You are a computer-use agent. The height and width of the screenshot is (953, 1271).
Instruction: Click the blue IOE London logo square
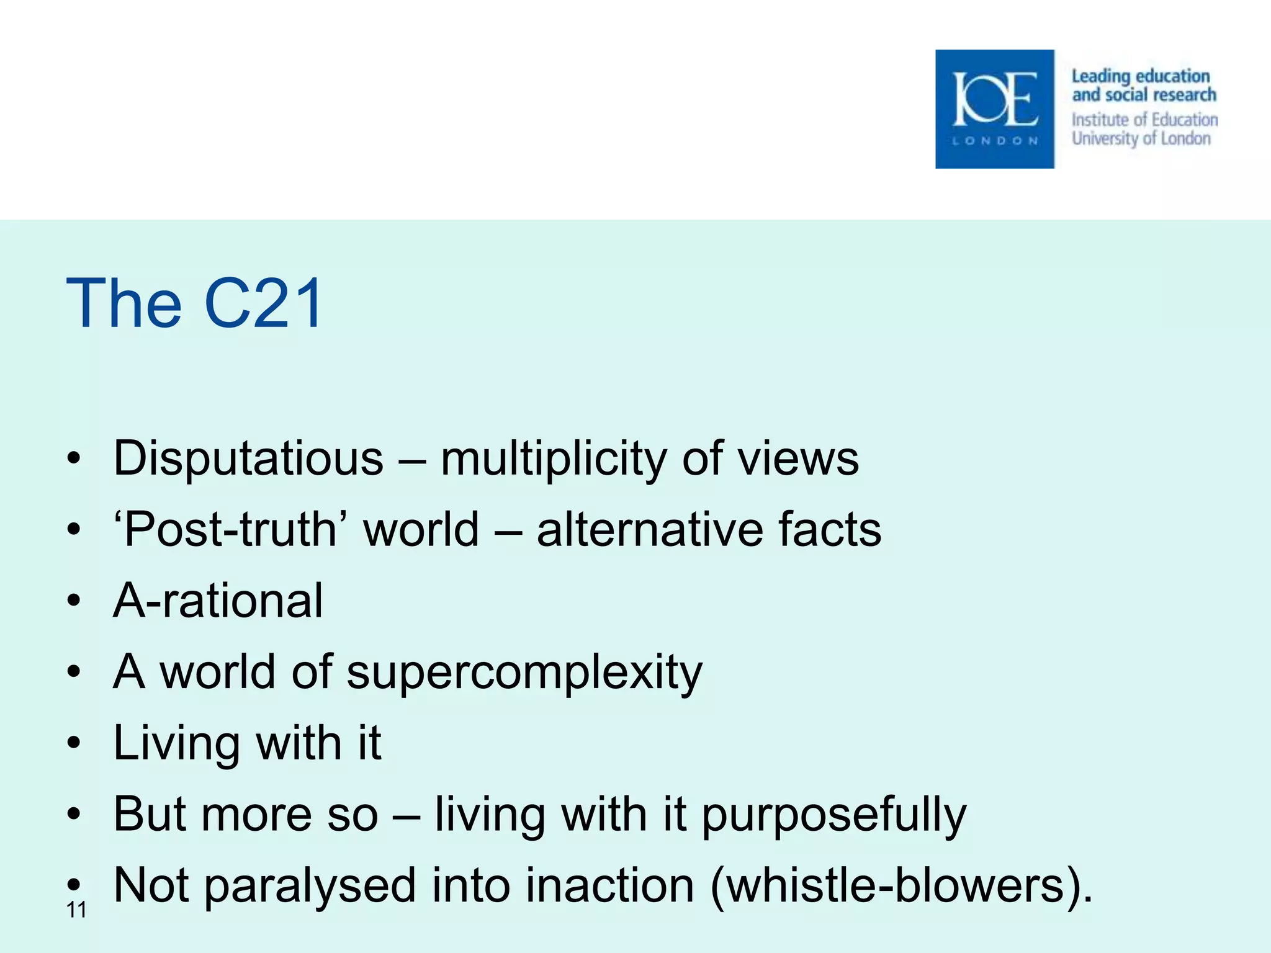click(x=994, y=109)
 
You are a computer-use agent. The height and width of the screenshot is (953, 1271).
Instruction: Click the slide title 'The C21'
click(x=194, y=303)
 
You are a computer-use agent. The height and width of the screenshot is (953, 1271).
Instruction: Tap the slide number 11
click(x=76, y=910)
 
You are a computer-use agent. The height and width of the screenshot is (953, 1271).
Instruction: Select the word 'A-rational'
click(x=218, y=601)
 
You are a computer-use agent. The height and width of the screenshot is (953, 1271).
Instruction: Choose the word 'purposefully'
click(x=833, y=815)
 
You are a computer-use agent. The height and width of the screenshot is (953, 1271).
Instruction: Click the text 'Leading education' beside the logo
click(x=1141, y=76)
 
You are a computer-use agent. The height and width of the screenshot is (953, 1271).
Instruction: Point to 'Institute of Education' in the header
click(x=1144, y=119)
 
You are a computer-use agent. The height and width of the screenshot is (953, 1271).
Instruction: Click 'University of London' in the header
click(x=1141, y=138)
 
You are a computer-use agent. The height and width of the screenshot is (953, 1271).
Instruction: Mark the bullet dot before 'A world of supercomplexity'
click(x=74, y=671)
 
